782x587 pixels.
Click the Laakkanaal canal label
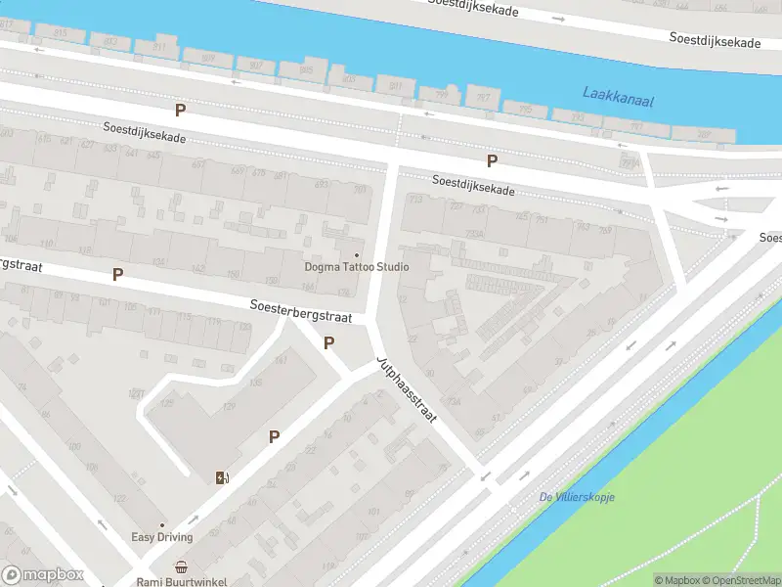[x=618, y=95]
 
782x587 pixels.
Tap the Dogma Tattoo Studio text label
[x=356, y=267]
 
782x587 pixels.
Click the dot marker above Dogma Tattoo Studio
[x=356, y=254]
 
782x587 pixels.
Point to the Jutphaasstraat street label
[x=406, y=390]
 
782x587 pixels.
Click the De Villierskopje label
[x=576, y=497]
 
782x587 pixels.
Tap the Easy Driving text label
[x=162, y=537]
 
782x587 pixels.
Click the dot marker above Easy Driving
[x=162, y=524]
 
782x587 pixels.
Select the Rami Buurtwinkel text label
[x=182, y=581]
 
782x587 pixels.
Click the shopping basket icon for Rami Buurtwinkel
[x=182, y=566]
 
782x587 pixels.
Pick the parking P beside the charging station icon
[x=275, y=436]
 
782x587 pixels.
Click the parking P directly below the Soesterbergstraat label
[x=329, y=342]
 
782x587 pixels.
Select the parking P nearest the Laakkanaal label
[x=493, y=160]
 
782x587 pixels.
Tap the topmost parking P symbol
[x=179, y=111]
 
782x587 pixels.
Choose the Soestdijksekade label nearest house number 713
[x=474, y=184]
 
